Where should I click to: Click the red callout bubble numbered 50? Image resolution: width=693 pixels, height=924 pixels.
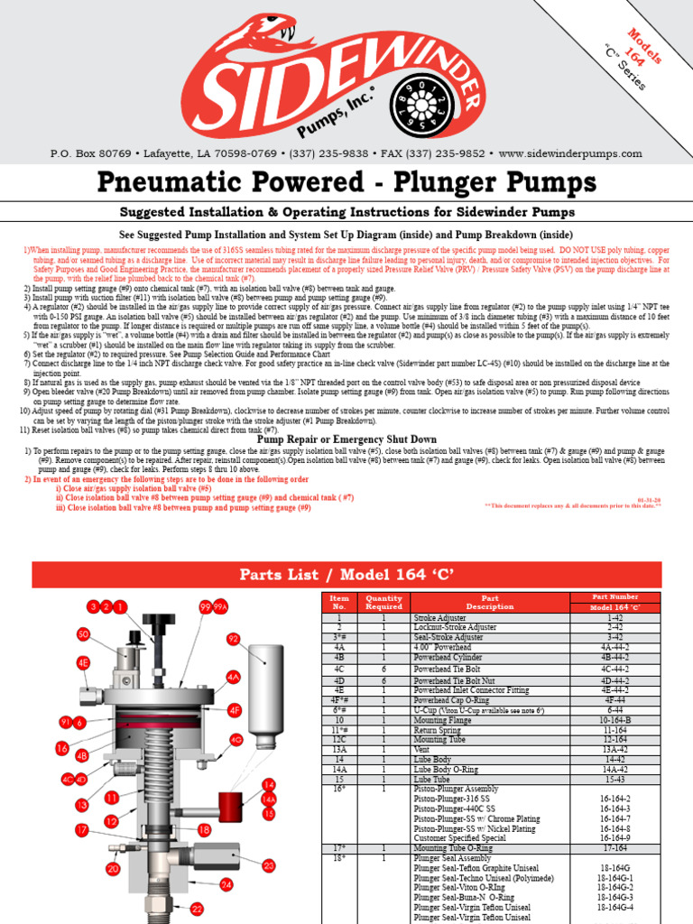[x=83, y=634]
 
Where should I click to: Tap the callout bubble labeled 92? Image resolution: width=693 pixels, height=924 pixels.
[x=233, y=639]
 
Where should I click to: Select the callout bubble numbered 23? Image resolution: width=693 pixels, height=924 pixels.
[x=268, y=866]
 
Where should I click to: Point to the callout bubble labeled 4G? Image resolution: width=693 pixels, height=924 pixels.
[x=236, y=740]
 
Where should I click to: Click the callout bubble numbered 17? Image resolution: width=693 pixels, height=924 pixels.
[x=81, y=829]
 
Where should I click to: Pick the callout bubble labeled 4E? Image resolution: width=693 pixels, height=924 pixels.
[x=83, y=661]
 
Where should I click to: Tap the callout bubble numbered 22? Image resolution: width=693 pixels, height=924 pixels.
[x=197, y=910]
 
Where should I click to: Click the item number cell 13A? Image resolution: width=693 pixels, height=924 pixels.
[x=339, y=748]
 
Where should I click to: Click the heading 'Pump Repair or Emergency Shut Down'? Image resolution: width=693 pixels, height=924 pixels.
[x=347, y=439]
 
